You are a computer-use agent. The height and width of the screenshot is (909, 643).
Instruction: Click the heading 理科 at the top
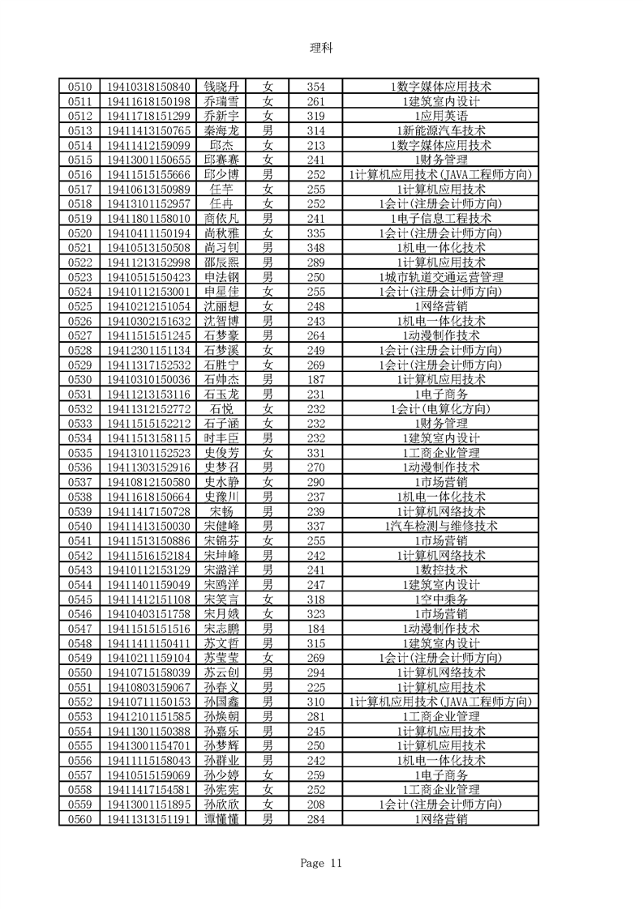pos(321,48)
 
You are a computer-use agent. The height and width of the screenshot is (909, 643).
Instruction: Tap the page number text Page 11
pos(321,864)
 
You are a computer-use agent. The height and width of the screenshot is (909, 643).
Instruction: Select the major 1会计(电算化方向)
pos(441,408)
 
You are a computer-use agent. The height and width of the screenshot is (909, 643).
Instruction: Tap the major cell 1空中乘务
pos(441,599)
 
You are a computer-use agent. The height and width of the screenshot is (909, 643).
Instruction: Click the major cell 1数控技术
pos(441,570)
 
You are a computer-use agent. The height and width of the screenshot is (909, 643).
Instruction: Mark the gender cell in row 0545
pos(268,599)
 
